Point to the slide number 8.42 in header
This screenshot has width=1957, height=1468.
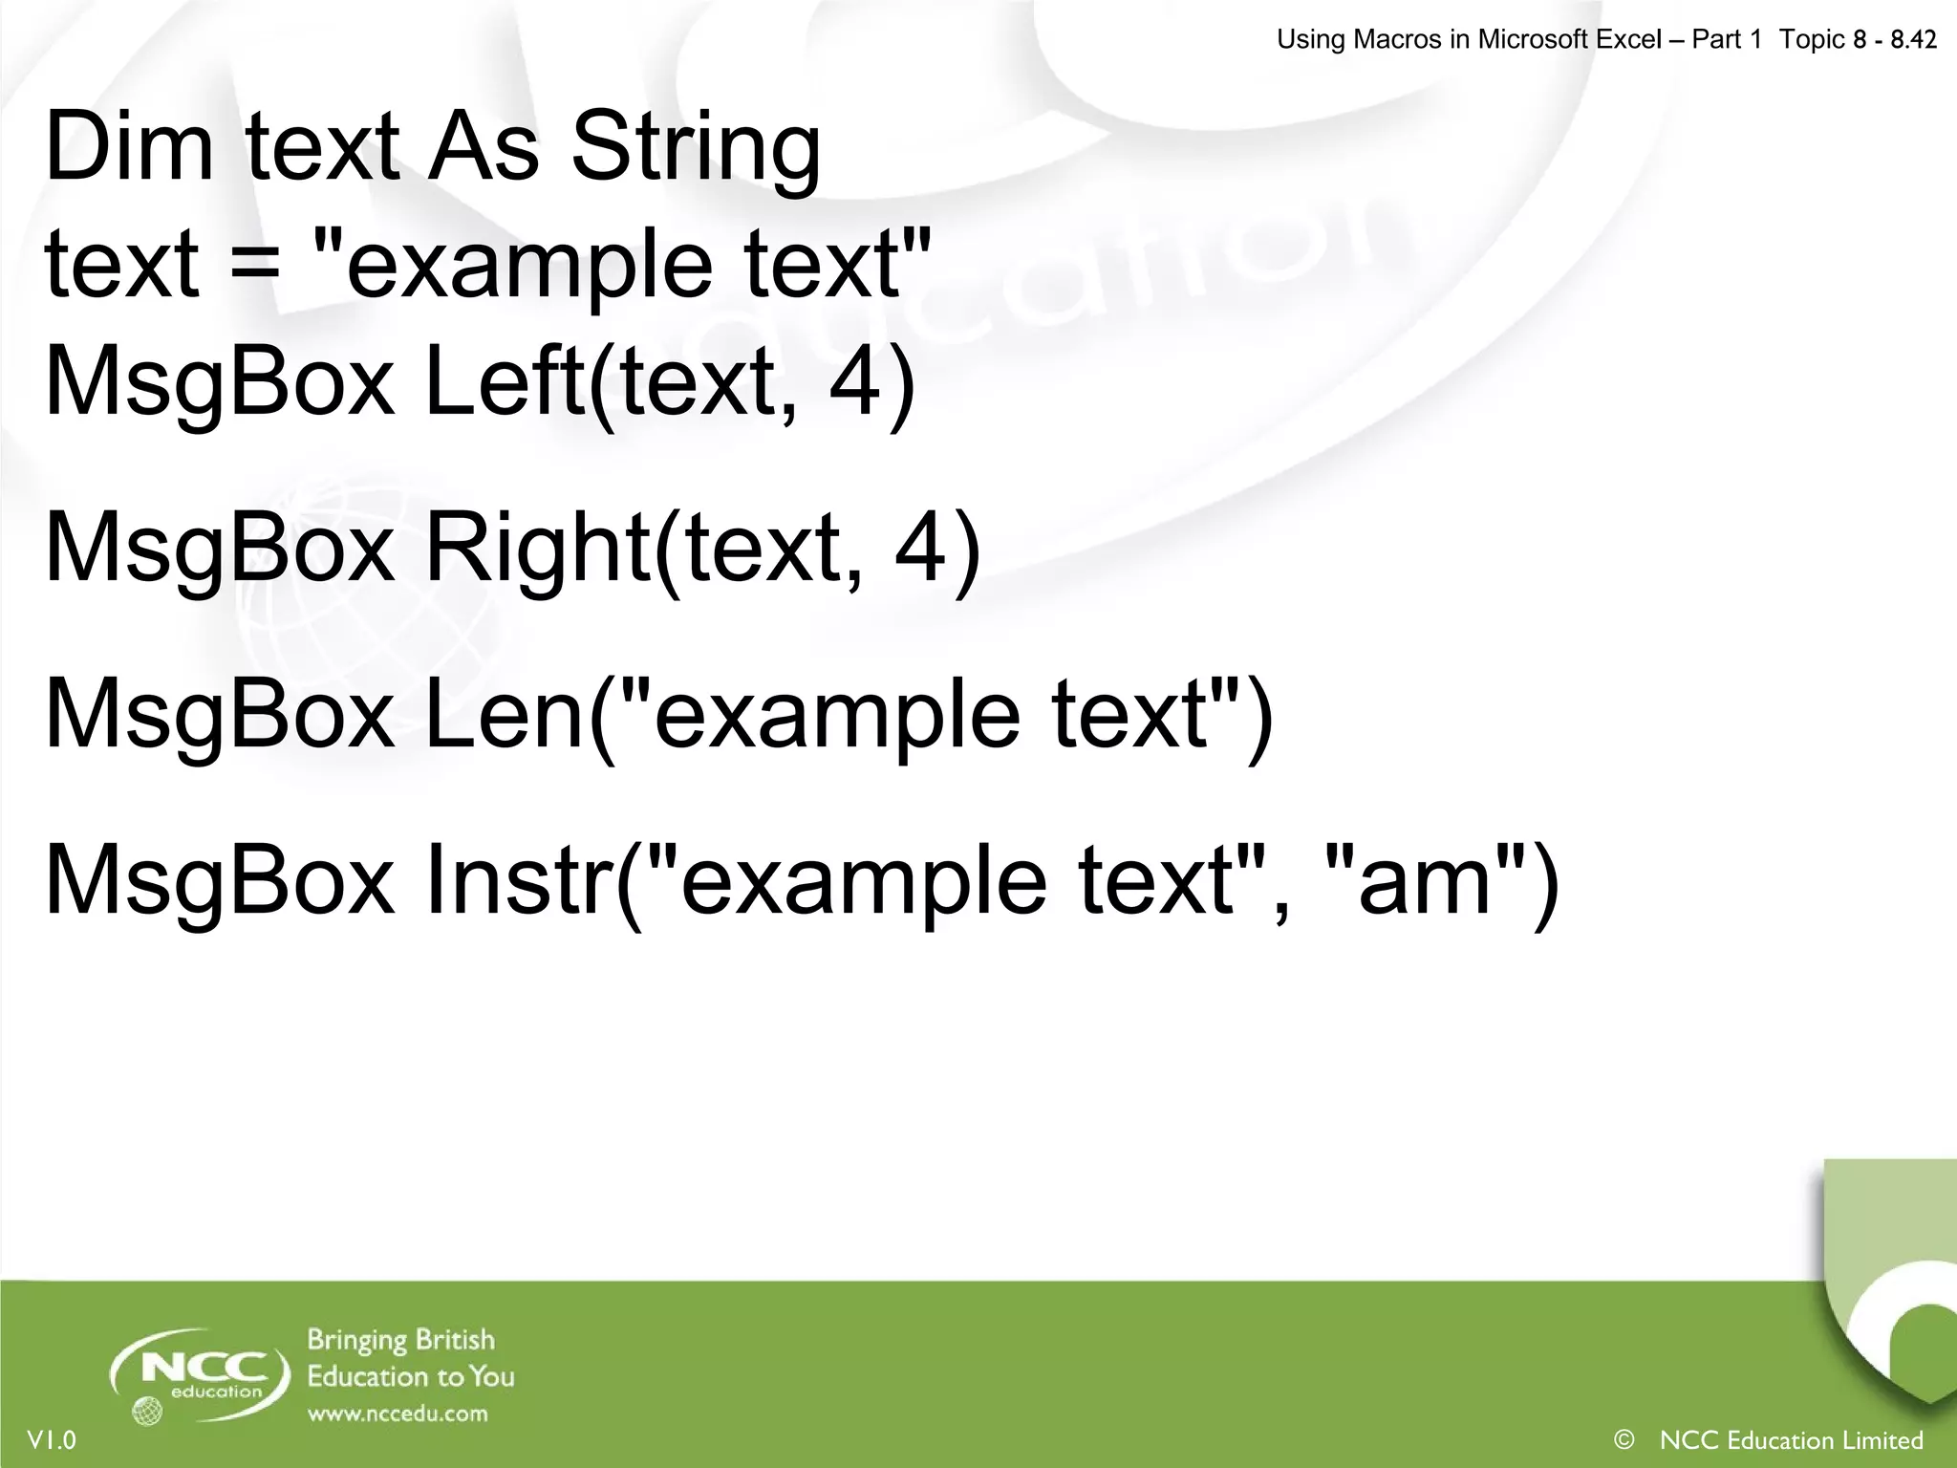[1913, 39]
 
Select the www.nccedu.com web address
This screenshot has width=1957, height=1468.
[398, 1414]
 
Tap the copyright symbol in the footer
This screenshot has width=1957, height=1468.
[1623, 1439]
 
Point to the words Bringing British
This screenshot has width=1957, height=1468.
[401, 1340]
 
